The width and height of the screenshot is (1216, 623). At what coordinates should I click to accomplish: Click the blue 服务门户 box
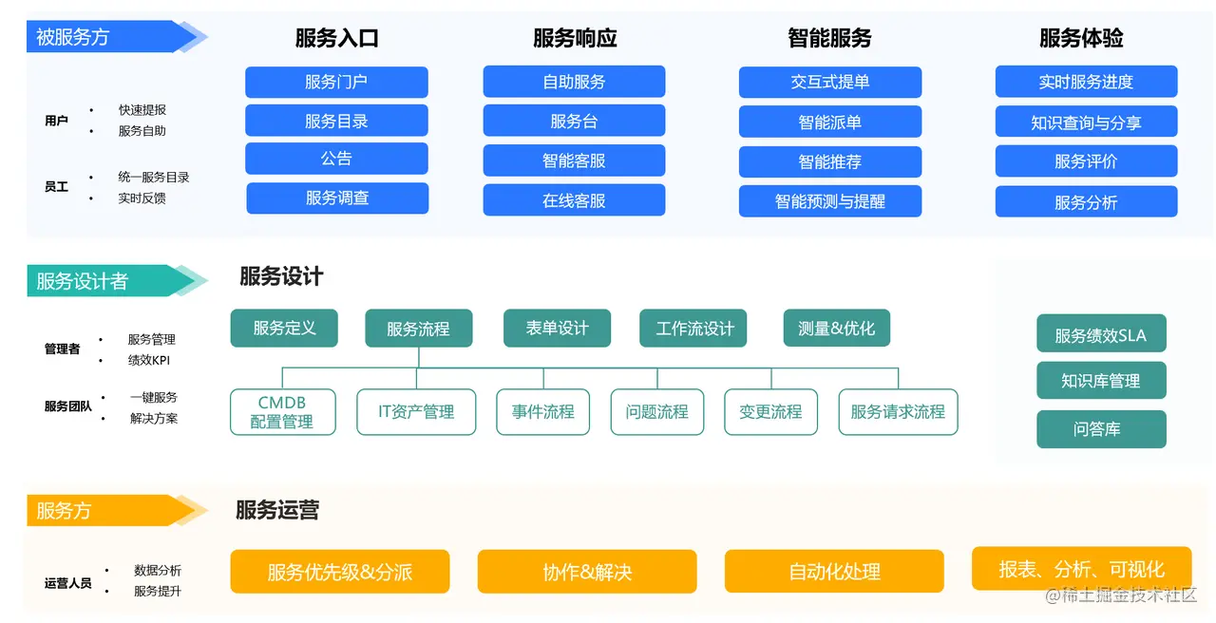336,82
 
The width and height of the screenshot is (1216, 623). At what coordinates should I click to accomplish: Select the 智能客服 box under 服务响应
574,160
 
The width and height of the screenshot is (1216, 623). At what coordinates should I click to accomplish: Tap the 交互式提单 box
829,82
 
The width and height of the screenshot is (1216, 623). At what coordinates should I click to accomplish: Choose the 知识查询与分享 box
1086,122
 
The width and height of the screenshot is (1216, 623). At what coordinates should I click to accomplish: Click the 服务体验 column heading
1081,38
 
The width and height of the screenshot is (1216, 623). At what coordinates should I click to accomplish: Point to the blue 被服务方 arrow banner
104,37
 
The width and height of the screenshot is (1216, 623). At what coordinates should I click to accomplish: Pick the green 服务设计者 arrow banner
104,281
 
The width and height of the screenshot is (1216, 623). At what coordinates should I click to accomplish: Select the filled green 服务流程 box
418,329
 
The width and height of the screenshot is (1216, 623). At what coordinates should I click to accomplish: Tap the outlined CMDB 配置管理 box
282,411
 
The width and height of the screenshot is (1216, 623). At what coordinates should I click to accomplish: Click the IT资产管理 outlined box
416,411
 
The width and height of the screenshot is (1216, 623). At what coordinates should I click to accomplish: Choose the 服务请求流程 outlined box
898,411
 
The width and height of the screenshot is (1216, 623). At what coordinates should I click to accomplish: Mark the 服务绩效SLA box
1100,335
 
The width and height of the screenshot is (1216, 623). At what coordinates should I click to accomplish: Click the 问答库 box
1100,429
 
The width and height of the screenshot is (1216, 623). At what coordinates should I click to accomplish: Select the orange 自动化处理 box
834,572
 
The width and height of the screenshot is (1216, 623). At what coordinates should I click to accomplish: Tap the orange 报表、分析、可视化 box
1081,569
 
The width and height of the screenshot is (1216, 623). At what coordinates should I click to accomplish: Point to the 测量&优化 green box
836,328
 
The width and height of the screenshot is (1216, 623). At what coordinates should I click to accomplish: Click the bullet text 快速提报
142,110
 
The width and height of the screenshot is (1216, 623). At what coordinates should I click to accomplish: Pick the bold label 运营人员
68,583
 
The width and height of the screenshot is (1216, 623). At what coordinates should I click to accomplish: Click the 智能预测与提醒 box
829,201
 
